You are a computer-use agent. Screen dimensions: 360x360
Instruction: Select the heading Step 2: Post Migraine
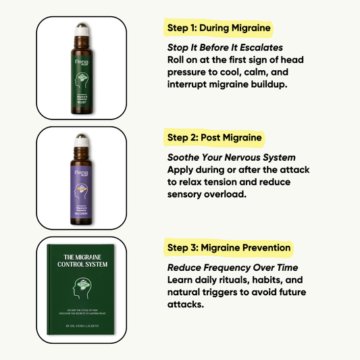point(213,138)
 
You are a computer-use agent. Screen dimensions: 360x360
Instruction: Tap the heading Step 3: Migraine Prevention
point(228,247)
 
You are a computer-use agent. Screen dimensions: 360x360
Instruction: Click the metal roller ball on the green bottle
point(82,29)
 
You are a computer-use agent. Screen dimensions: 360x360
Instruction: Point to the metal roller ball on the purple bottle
point(82,138)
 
